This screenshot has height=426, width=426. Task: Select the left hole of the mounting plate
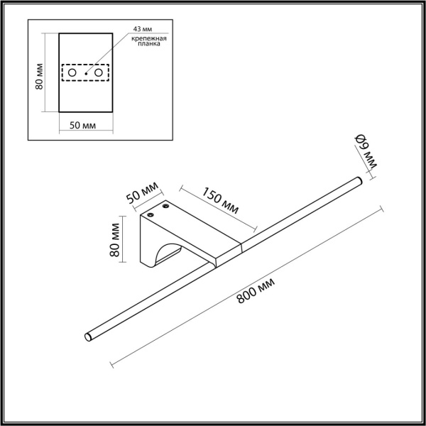[72, 73]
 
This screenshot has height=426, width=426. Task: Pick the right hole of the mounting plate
[99, 73]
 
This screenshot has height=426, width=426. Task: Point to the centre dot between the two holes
[85, 73]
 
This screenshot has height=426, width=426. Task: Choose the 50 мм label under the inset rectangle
[84, 125]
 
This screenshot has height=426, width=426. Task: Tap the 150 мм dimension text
[219, 201]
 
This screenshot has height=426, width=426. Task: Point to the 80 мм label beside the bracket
[116, 241]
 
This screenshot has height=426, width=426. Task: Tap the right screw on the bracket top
[168, 207]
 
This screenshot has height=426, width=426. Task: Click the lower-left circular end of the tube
[89, 336]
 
